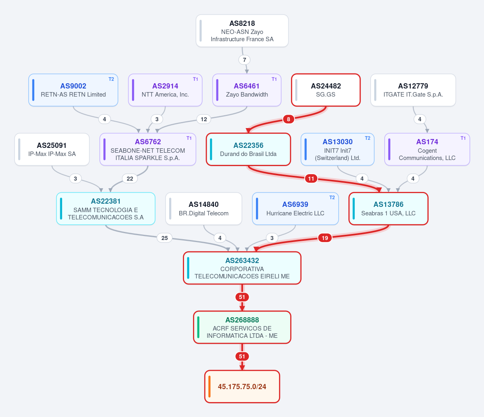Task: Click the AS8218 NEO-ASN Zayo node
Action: pos(242,31)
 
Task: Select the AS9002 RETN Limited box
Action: pos(73,90)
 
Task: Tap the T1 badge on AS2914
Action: pos(195,79)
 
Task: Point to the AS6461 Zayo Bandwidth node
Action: pos(247,90)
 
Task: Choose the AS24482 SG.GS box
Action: pos(326,90)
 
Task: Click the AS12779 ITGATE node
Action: pos(413,90)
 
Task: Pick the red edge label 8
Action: pos(288,119)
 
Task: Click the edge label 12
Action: pos(204,119)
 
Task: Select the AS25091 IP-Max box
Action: pos(52,149)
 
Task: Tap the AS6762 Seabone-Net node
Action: pos(148,149)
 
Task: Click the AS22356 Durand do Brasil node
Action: pos(248,149)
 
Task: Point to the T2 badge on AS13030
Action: pos(367,138)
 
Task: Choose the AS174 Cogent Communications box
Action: pos(427,149)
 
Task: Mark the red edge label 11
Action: pos(311,179)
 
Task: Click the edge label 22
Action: pos(130,179)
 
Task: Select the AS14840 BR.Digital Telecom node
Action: pos(203,208)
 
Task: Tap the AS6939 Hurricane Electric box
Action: pos(295,208)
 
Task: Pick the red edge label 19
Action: pos(325,238)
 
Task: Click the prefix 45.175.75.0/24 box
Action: pos(242,386)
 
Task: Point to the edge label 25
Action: pos(165,238)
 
